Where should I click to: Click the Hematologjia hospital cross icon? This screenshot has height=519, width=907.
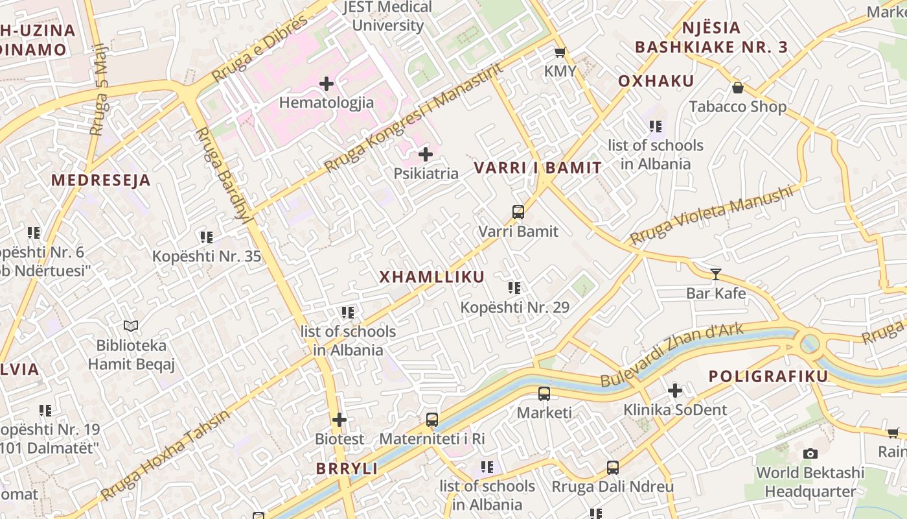click(x=327, y=84)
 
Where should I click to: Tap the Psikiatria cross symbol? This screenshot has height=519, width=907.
click(x=426, y=154)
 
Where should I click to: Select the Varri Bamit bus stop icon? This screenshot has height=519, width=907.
click(x=518, y=211)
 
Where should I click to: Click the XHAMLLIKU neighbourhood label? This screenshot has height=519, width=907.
click(x=431, y=277)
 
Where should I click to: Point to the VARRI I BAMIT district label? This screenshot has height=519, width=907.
click(x=538, y=168)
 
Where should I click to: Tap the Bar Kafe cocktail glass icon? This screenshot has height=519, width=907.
click(x=716, y=274)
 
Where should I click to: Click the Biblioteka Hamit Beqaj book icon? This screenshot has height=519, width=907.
click(x=132, y=326)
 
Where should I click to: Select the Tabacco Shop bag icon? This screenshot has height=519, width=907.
click(x=737, y=88)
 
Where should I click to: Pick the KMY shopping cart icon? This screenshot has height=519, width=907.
click(x=560, y=53)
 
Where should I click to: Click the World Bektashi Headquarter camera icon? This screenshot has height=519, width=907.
click(x=810, y=453)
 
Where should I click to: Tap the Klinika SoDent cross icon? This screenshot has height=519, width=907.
click(x=675, y=391)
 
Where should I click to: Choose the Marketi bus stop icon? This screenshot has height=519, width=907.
click(x=544, y=393)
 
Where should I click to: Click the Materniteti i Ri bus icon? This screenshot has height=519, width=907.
click(x=432, y=420)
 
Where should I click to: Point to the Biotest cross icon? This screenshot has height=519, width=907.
click(x=339, y=420)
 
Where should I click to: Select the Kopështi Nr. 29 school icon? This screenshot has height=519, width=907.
click(x=514, y=288)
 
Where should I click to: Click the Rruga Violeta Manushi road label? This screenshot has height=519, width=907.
click(x=711, y=215)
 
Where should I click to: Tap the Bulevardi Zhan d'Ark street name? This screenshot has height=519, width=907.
click(x=672, y=355)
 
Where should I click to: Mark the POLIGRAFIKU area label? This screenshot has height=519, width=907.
click(x=768, y=377)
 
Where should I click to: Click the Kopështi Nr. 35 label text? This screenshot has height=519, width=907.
click(x=207, y=256)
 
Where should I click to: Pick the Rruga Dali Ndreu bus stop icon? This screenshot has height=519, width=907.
click(x=613, y=467)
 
